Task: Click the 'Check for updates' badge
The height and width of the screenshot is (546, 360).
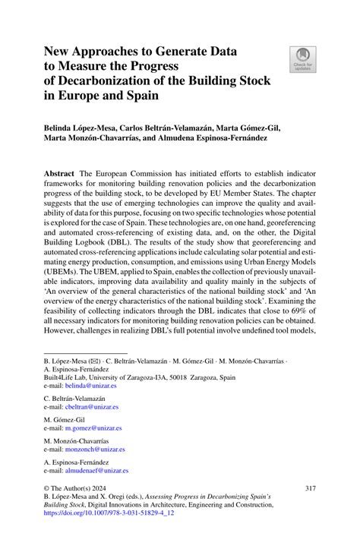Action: pos(302,58)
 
